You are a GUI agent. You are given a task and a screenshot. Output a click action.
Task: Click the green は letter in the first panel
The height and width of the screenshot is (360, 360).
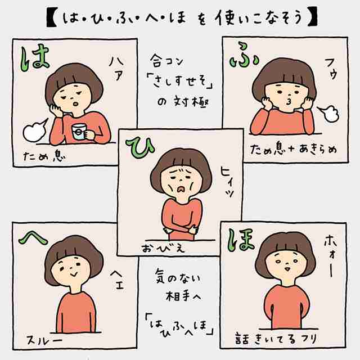34,58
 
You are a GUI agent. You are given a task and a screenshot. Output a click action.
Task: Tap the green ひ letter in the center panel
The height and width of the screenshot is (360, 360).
140,147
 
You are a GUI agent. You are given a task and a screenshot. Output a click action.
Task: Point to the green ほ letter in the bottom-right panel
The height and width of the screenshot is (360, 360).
241,241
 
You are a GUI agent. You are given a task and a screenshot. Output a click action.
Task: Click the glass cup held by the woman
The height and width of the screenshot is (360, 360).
79,132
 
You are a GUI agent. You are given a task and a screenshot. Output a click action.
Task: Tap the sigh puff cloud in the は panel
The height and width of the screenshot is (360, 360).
35,131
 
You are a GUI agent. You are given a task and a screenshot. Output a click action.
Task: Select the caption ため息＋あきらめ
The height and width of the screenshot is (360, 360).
294,150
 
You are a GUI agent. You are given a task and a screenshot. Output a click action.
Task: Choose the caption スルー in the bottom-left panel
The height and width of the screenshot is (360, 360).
44,340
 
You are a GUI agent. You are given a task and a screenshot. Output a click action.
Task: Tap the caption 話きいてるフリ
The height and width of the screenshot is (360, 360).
276,339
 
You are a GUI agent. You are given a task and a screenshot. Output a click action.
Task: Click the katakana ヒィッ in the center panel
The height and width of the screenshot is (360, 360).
227,182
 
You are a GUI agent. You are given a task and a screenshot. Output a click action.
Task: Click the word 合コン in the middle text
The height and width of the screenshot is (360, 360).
166,61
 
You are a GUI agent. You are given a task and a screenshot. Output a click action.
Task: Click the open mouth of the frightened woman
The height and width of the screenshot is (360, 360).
181,189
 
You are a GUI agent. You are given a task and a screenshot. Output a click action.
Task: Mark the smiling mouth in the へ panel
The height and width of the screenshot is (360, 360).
74,274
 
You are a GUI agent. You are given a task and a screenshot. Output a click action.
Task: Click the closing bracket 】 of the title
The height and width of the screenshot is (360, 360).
312,17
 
